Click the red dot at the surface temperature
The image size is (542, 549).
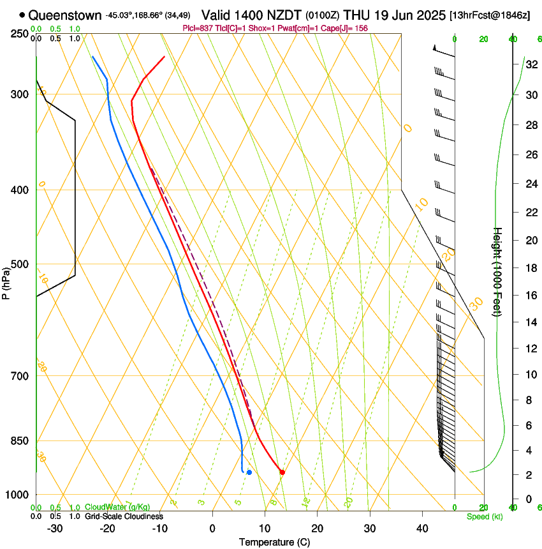tap(282, 472)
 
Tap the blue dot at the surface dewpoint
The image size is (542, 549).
tap(249, 472)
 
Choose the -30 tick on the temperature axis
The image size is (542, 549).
tap(55, 529)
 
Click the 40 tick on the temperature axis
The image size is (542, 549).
tap(422, 529)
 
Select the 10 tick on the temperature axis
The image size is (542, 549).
tap(265, 529)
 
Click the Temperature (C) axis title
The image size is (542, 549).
tap(274, 543)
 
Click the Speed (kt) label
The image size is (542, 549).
tap(485, 516)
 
